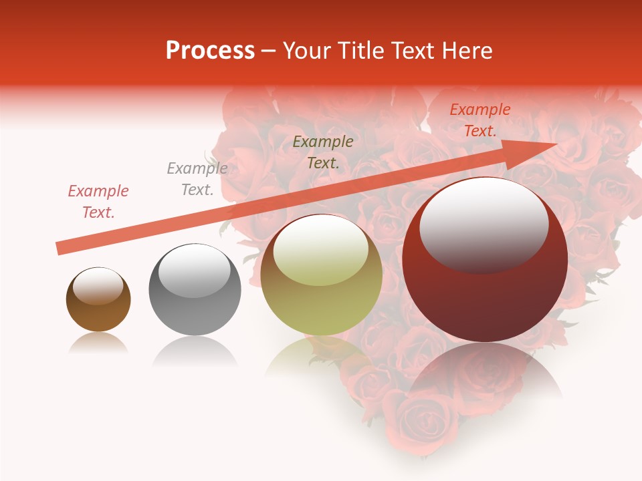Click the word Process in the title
pos(210,51)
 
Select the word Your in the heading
pos(306,51)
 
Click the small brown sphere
pos(98,300)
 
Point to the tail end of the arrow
pos(60,248)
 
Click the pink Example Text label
pos(98,202)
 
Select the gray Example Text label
pos(197,179)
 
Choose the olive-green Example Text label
pos(323,152)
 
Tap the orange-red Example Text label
pos(479,120)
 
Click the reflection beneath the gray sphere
pos(195,351)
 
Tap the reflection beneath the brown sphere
pos(98,343)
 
